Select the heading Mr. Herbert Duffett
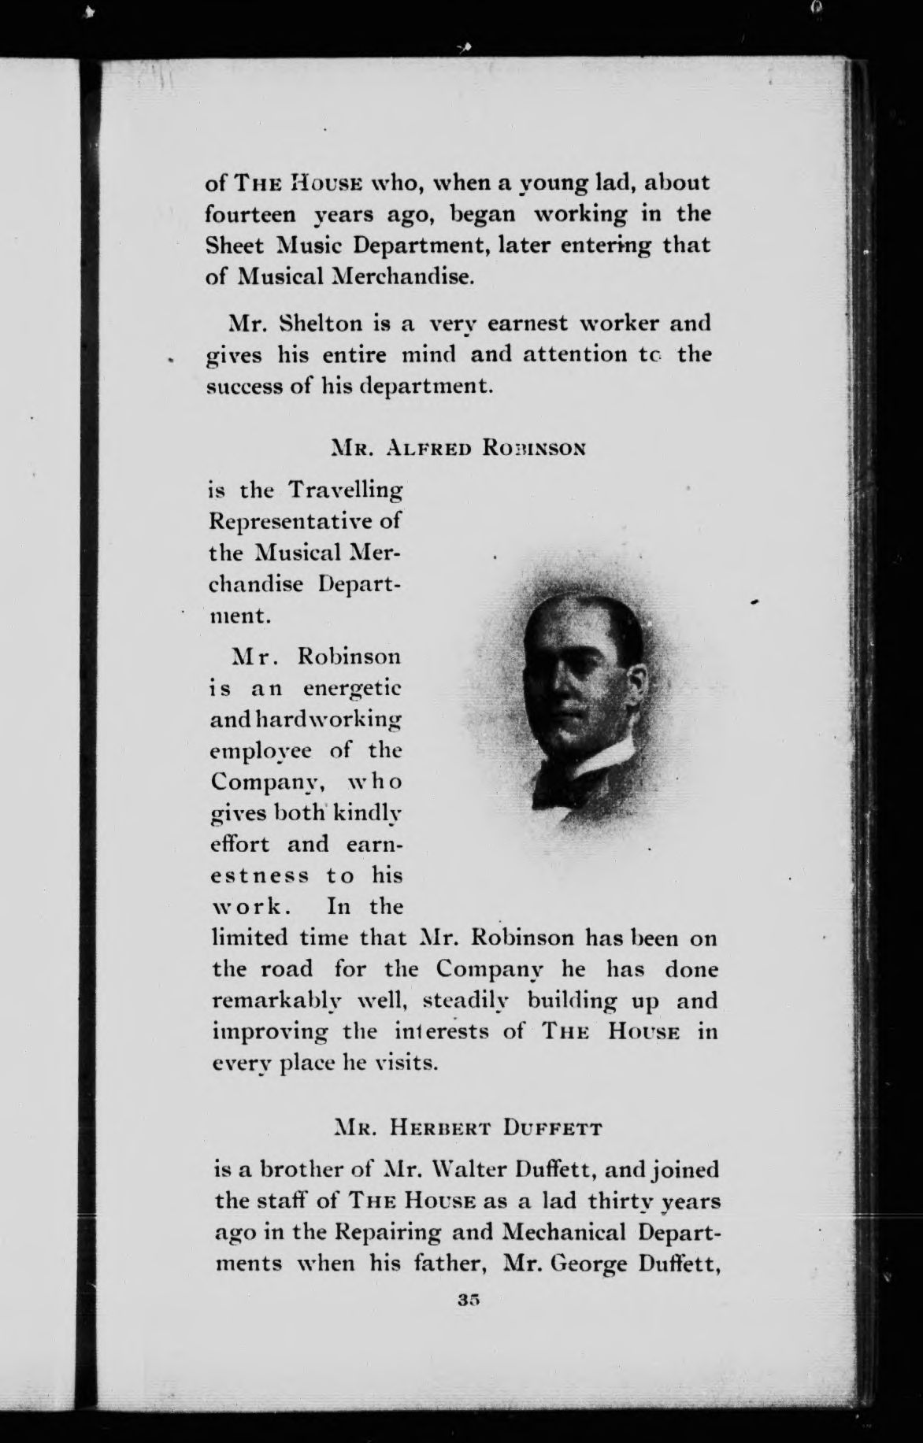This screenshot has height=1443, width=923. (466, 1129)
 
